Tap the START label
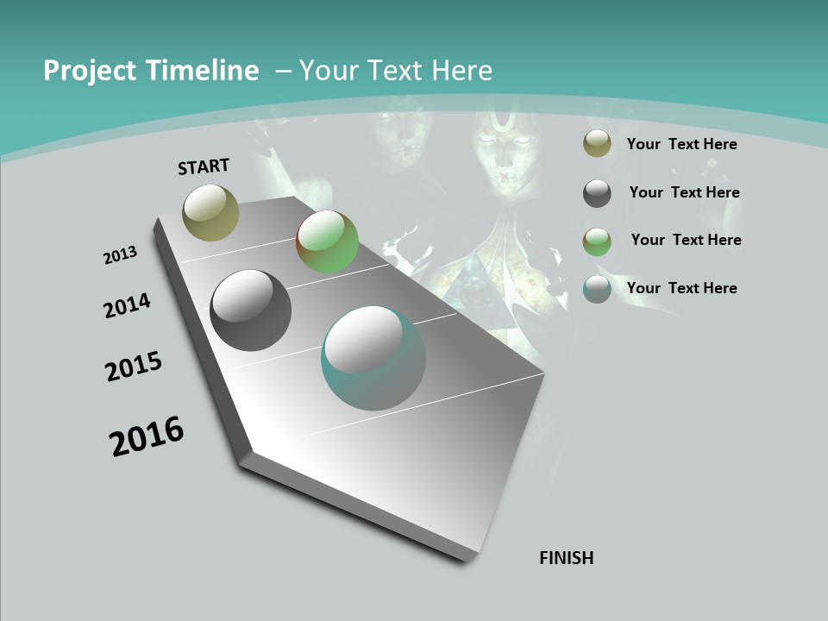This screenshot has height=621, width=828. pos(204,166)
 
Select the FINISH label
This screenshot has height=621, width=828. pos(567,558)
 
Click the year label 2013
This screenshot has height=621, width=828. pos(121,255)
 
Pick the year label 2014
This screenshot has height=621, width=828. pos(128,305)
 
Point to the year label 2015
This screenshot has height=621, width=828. pos(134,367)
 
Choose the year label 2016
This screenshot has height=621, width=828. pos(147,436)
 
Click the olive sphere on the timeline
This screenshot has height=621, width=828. pos(211,212)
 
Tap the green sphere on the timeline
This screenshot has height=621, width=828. pos(327,241)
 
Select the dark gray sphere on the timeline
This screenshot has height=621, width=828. pos(250,310)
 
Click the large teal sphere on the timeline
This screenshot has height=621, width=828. pos(373,358)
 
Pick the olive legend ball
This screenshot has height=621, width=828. pos(597,144)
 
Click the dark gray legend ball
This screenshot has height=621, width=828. pos(597,193)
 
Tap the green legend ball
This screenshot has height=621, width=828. pos(597,241)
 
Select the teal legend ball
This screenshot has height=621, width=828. pos(597,289)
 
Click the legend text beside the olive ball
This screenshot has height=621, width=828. pos(682,144)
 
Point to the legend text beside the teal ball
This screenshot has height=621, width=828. pos(682,288)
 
